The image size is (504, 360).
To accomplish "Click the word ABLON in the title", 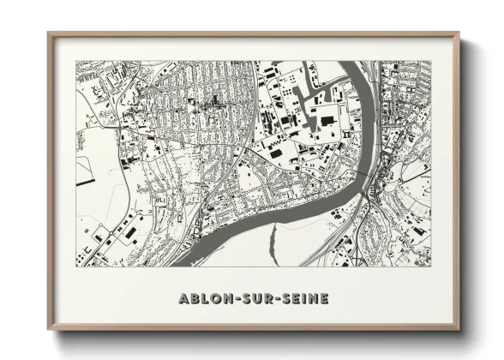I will click(x=204, y=299).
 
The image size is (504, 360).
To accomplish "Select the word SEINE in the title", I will click(x=301, y=299).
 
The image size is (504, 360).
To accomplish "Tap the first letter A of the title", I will click(x=183, y=299).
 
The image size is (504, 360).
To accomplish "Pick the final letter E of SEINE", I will click(x=323, y=299).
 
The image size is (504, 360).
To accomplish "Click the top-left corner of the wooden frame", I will click(x=49, y=33).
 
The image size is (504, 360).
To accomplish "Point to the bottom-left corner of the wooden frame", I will click(x=49, y=331).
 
